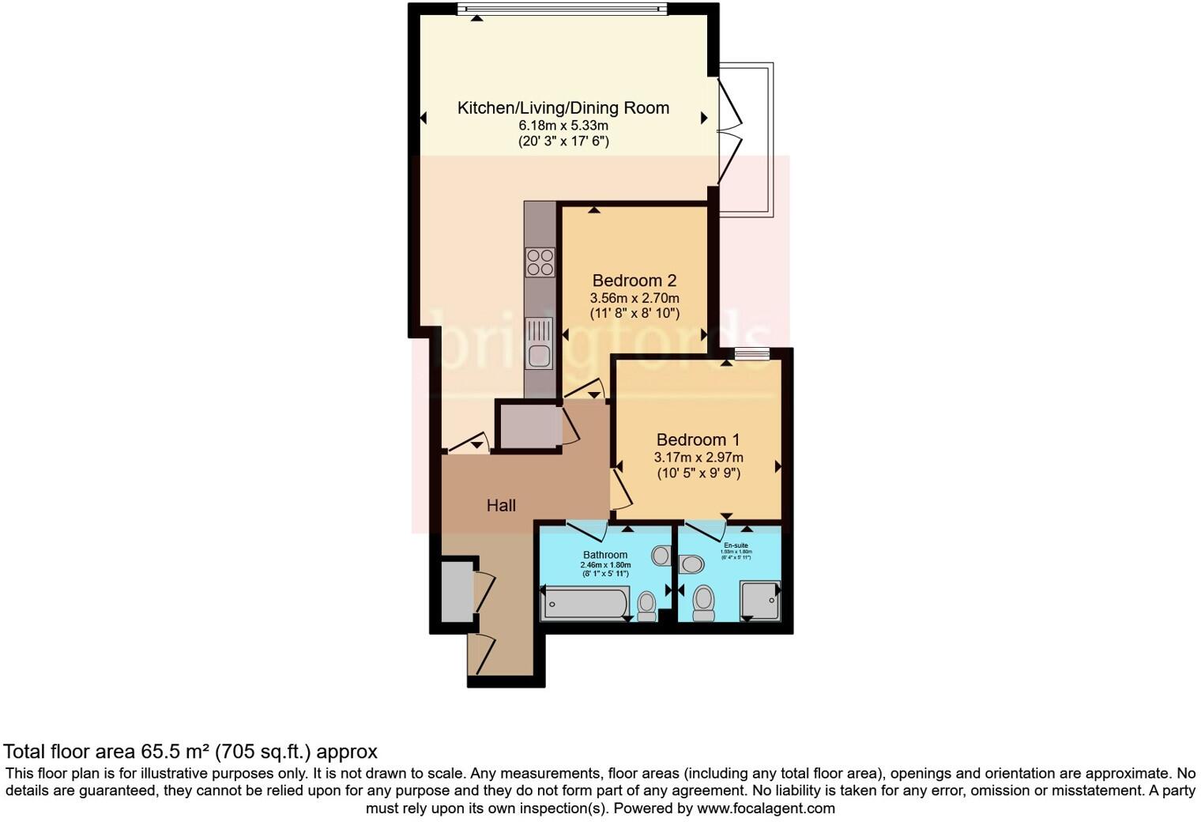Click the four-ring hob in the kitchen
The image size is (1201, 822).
coord(540,262)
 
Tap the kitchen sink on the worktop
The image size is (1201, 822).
coord(540,345)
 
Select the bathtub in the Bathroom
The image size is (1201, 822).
coord(585,604)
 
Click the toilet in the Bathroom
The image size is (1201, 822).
coord(647,605)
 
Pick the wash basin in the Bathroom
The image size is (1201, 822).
coord(661,556)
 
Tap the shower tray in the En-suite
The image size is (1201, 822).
coord(760,601)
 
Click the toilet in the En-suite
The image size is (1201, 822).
coord(703,602)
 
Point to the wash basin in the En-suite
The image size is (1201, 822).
coord(692,564)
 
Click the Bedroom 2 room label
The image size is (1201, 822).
coord(634,281)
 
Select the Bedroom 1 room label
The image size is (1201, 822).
coord(698,439)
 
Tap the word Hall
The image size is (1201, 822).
coord(501,506)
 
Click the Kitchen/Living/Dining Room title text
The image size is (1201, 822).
coord(563,108)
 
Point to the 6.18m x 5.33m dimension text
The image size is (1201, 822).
coord(563,126)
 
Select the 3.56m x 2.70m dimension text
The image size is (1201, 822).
coord(634,298)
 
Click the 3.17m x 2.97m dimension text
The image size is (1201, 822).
coord(698,458)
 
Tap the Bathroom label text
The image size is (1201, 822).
coord(605,555)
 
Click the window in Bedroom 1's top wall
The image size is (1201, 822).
coord(751,354)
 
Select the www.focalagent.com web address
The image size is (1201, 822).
coord(765,809)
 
